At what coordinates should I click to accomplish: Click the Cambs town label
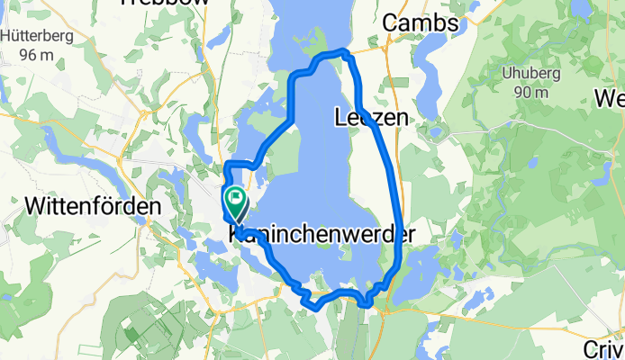(421, 22)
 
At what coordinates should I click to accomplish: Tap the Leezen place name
(370, 117)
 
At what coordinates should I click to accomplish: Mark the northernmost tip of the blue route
(342, 51)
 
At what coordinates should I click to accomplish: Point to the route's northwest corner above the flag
(226, 164)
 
